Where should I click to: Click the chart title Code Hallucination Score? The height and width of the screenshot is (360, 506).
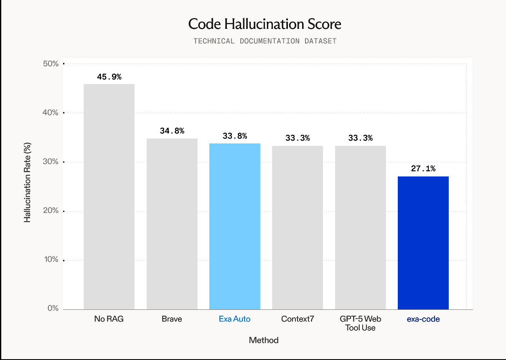coord(264,24)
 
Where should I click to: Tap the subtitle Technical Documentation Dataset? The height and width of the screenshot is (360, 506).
coord(264,41)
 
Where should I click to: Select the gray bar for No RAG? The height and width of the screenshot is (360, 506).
coord(109,197)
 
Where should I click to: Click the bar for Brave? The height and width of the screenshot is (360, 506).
coord(172,224)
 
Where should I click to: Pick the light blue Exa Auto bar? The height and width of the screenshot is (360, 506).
coord(235,226)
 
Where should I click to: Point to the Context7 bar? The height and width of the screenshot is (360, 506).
coord(297,227)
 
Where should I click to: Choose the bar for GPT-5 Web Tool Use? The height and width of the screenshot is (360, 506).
coord(360,227)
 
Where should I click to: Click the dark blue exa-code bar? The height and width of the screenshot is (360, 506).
coord(423,243)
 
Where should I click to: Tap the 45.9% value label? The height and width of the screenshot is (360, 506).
coord(109,77)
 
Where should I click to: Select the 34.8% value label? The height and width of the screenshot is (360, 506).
coord(172,131)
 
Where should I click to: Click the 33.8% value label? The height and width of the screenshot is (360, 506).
coord(235,136)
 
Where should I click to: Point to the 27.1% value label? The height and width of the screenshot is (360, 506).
coord(423,169)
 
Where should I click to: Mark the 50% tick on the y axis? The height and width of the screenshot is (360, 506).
coord(51,64)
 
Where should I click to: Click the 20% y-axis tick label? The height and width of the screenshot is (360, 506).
coord(51,211)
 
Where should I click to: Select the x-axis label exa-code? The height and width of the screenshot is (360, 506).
coord(423,319)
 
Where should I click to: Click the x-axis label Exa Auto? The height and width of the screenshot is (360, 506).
coord(235,319)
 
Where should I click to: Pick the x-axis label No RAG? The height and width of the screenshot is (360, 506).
coord(109,319)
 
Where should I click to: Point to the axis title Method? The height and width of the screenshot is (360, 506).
coord(264,340)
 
